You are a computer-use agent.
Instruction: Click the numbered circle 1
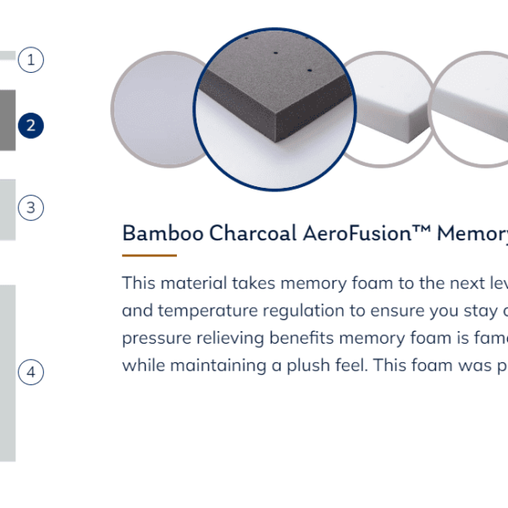point(30,60)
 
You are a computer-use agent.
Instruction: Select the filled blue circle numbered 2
point(30,125)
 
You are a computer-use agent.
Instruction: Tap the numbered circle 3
point(30,207)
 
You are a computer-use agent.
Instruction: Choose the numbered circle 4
point(30,372)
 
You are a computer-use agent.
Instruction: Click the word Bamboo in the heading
point(163,233)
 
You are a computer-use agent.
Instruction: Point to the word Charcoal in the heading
point(253,233)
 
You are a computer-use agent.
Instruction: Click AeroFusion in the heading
point(357,233)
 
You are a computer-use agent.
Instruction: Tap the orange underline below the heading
point(149,256)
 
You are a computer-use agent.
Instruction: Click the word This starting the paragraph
point(139,283)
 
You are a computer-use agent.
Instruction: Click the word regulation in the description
point(304,311)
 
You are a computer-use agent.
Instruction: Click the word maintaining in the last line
point(218,366)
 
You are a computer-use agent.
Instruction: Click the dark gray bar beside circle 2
point(8,120)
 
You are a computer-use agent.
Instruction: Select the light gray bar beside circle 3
point(8,210)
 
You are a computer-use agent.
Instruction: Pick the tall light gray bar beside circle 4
point(8,373)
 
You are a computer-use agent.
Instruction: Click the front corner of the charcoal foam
point(275,141)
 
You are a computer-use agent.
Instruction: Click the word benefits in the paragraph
point(301,339)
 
